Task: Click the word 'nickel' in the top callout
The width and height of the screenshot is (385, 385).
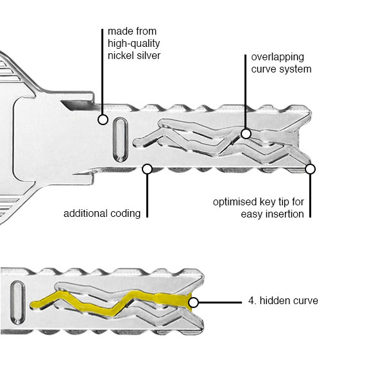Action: point(121,56)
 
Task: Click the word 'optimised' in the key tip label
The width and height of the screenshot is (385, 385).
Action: point(234,202)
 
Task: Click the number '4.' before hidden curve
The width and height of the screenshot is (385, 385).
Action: point(253,300)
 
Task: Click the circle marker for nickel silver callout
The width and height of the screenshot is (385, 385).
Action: point(103,119)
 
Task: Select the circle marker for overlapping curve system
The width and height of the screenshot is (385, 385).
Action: point(246,133)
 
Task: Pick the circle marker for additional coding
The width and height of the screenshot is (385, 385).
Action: point(147,169)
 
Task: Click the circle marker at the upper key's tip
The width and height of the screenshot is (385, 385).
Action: point(311,169)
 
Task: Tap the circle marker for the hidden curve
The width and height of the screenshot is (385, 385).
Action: point(194,302)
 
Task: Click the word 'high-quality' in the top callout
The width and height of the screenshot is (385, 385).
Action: point(133,43)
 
